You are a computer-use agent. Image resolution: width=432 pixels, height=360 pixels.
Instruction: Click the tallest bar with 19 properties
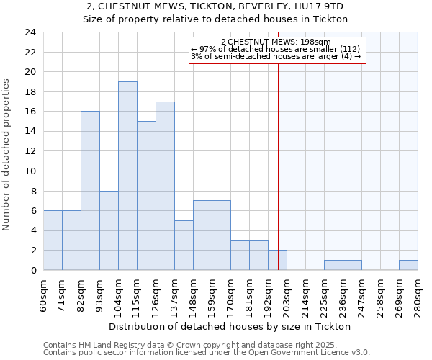click(127, 176)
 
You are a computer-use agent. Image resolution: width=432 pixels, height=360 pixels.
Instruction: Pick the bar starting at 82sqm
click(90, 191)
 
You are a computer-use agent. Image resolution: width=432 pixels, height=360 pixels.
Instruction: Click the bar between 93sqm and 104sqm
click(109, 230)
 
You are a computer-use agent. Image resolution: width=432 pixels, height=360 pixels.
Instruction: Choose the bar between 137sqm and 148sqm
click(184, 245)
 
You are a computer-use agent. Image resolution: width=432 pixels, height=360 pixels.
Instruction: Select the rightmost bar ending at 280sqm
click(408, 265)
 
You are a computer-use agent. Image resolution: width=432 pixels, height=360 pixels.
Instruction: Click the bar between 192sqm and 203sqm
click(277, 260)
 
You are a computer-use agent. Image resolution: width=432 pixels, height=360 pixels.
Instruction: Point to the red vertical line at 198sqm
click(278, 180)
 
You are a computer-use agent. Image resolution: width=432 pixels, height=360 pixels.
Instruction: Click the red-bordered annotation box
click(278, 50)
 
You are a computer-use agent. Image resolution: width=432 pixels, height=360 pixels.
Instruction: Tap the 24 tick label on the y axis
click(30, 32)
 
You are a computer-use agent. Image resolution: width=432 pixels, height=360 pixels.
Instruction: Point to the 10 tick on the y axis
click(30, 171)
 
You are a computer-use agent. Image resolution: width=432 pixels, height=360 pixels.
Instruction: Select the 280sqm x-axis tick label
click(418, 295)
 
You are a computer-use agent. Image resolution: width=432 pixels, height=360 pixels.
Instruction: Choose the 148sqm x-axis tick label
click(193, 295)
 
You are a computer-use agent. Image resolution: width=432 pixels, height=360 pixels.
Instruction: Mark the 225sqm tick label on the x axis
click(324, 295)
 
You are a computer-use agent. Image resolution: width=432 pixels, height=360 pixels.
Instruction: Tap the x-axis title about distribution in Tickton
click(230, 326)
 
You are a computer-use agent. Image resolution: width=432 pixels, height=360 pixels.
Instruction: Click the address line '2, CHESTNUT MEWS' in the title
click(215, 6)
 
